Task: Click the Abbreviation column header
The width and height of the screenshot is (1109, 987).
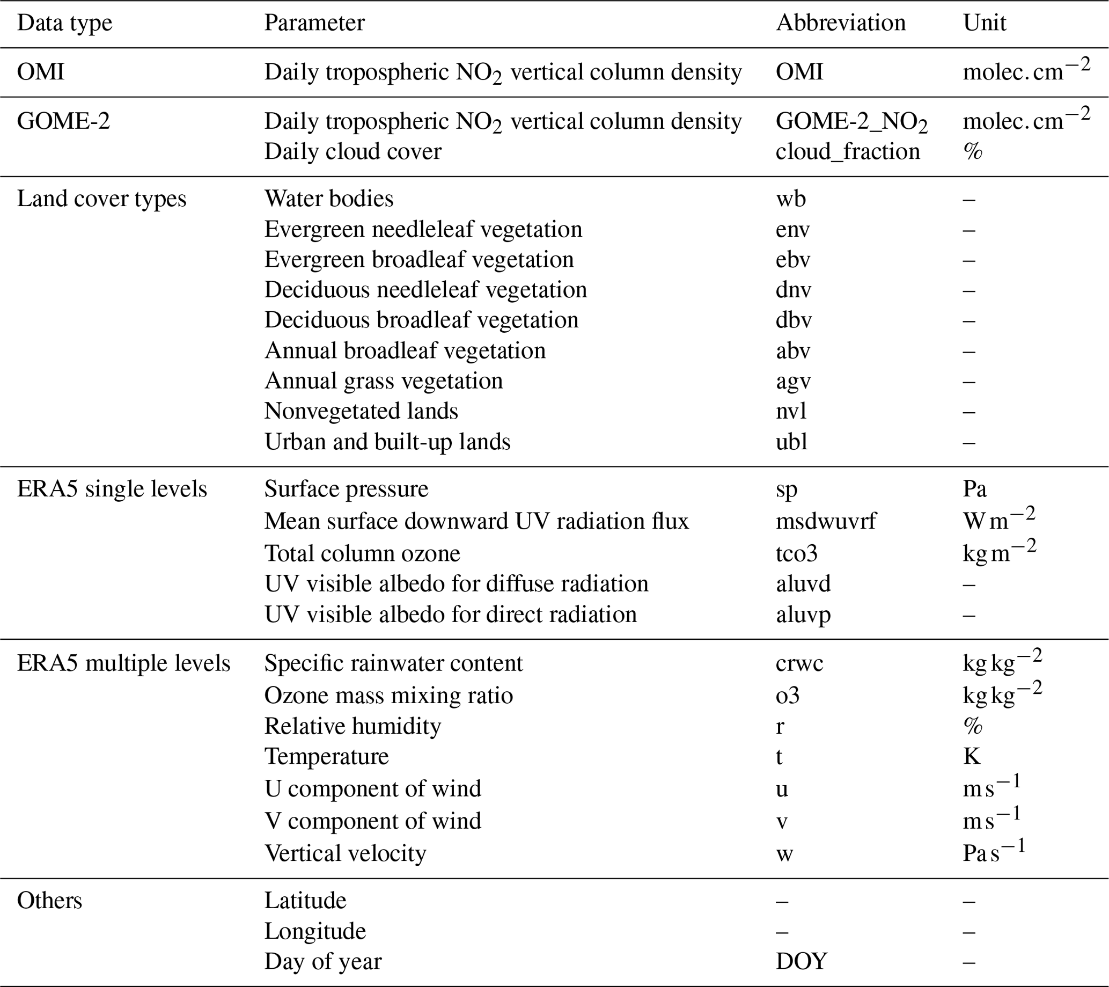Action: tap(840, 23)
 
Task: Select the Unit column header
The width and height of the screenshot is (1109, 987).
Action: tap(984, 23)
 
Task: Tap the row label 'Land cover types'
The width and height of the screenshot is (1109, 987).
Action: tap(101, 199)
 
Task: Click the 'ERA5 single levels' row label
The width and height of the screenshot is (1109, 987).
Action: tap(112, 489)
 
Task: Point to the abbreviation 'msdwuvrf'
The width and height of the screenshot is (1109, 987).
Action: tap(826, 522)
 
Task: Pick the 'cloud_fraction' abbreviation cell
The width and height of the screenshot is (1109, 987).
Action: tap(848, 151)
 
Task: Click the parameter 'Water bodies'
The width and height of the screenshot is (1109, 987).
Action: tap(329, 199)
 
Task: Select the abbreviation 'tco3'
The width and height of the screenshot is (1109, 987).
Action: tap(797, 553)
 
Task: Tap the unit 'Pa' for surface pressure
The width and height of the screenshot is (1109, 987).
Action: tap(974, 489)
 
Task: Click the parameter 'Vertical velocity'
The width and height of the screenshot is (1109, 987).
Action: tap(345, 853)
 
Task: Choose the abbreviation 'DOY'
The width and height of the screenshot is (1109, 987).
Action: tap(802, 961)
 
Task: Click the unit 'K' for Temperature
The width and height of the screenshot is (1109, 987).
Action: tap(972, 756)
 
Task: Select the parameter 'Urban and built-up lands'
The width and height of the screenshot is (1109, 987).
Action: tap(387, 442)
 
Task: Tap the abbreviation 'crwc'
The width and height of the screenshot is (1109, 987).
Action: tap(799, 663)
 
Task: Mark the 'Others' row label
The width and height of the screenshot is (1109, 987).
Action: tap(49, 901)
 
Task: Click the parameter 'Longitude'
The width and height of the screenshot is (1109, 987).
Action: tap(315, 931)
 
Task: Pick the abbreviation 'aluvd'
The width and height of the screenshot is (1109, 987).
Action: tap(803, 584)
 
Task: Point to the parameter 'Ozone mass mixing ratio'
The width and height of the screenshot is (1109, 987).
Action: tap(388, 696)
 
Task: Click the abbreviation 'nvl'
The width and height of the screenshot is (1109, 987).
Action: tap(791, 411)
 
